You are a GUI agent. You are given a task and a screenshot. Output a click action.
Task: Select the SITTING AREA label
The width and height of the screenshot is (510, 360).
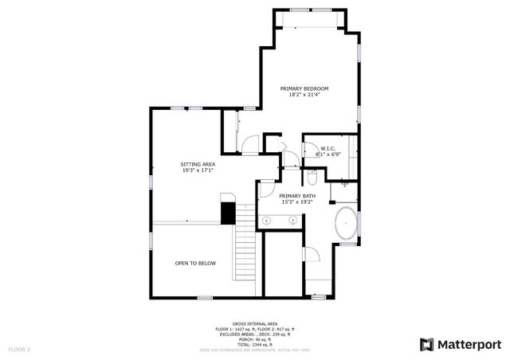click(198, 164)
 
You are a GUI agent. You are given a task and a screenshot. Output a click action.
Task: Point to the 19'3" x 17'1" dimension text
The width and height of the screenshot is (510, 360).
click(198, 171)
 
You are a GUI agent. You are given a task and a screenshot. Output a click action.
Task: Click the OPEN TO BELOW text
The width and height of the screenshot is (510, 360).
click(195, 263)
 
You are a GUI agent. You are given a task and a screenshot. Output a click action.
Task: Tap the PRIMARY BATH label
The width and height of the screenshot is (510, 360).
click(297, 196)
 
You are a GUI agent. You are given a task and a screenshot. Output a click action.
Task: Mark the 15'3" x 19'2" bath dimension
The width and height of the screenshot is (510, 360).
click(297, 202)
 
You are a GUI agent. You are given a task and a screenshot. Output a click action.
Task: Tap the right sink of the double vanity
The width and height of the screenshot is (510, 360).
click(293, 219)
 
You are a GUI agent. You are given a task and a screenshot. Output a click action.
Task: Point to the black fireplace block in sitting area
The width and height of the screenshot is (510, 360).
click(229, 212)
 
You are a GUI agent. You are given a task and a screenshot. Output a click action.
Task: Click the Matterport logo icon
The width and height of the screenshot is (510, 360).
click(426, 344)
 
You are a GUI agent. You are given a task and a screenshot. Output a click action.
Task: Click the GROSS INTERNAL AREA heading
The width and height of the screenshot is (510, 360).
click(255, 324)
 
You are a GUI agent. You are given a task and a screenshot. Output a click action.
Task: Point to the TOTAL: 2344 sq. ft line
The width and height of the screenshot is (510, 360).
click(255, 343)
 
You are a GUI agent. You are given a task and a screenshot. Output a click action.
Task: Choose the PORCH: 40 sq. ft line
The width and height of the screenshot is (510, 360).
click(255, 338)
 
